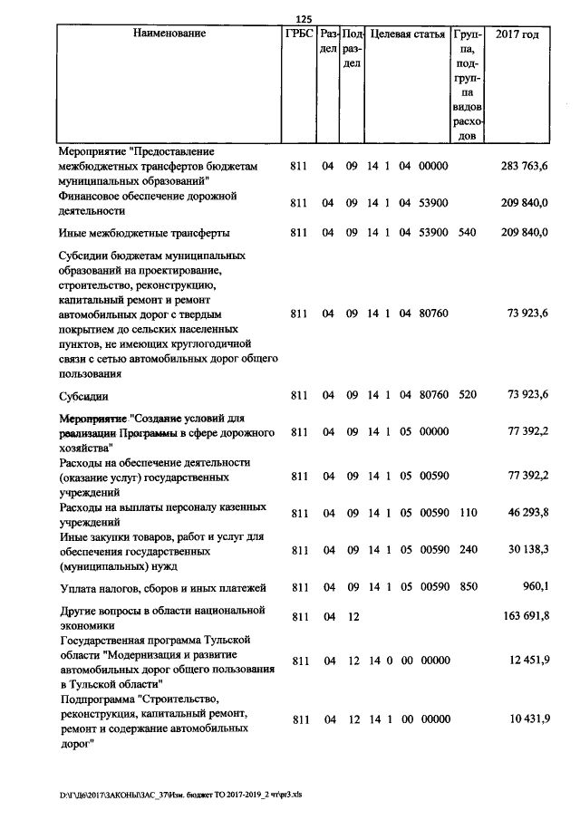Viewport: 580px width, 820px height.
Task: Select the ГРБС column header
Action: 299,34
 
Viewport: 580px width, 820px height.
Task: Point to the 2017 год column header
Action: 517,34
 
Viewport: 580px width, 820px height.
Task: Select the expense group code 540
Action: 467,233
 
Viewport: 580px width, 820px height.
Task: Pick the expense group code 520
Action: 467,395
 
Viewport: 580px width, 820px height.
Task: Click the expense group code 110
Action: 467,513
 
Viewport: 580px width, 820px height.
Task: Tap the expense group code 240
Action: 467,550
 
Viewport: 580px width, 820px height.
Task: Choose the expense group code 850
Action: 467,587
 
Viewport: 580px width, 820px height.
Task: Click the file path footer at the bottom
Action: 187,795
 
